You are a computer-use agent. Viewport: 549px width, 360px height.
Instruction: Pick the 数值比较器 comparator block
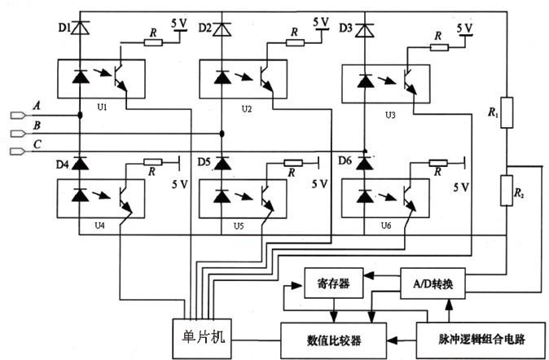click(x=333, y=337)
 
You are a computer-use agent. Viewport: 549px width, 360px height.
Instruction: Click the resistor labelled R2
click(x=506, y=193)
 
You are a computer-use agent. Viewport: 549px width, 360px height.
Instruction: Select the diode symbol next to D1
click(x=80, y=29)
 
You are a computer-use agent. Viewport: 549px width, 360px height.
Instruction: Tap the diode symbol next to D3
click(x=364, y=31)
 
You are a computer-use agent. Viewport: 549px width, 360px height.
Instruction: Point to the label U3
click(x=390, y=115)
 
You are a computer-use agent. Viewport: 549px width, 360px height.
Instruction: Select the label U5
click(x=238, y=226)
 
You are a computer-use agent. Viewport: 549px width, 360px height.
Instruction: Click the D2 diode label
click(x=205, y=29)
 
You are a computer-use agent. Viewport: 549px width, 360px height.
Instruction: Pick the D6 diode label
click(x=345, y=162)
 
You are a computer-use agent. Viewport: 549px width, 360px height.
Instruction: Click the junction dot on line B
click(x=222, y=134)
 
